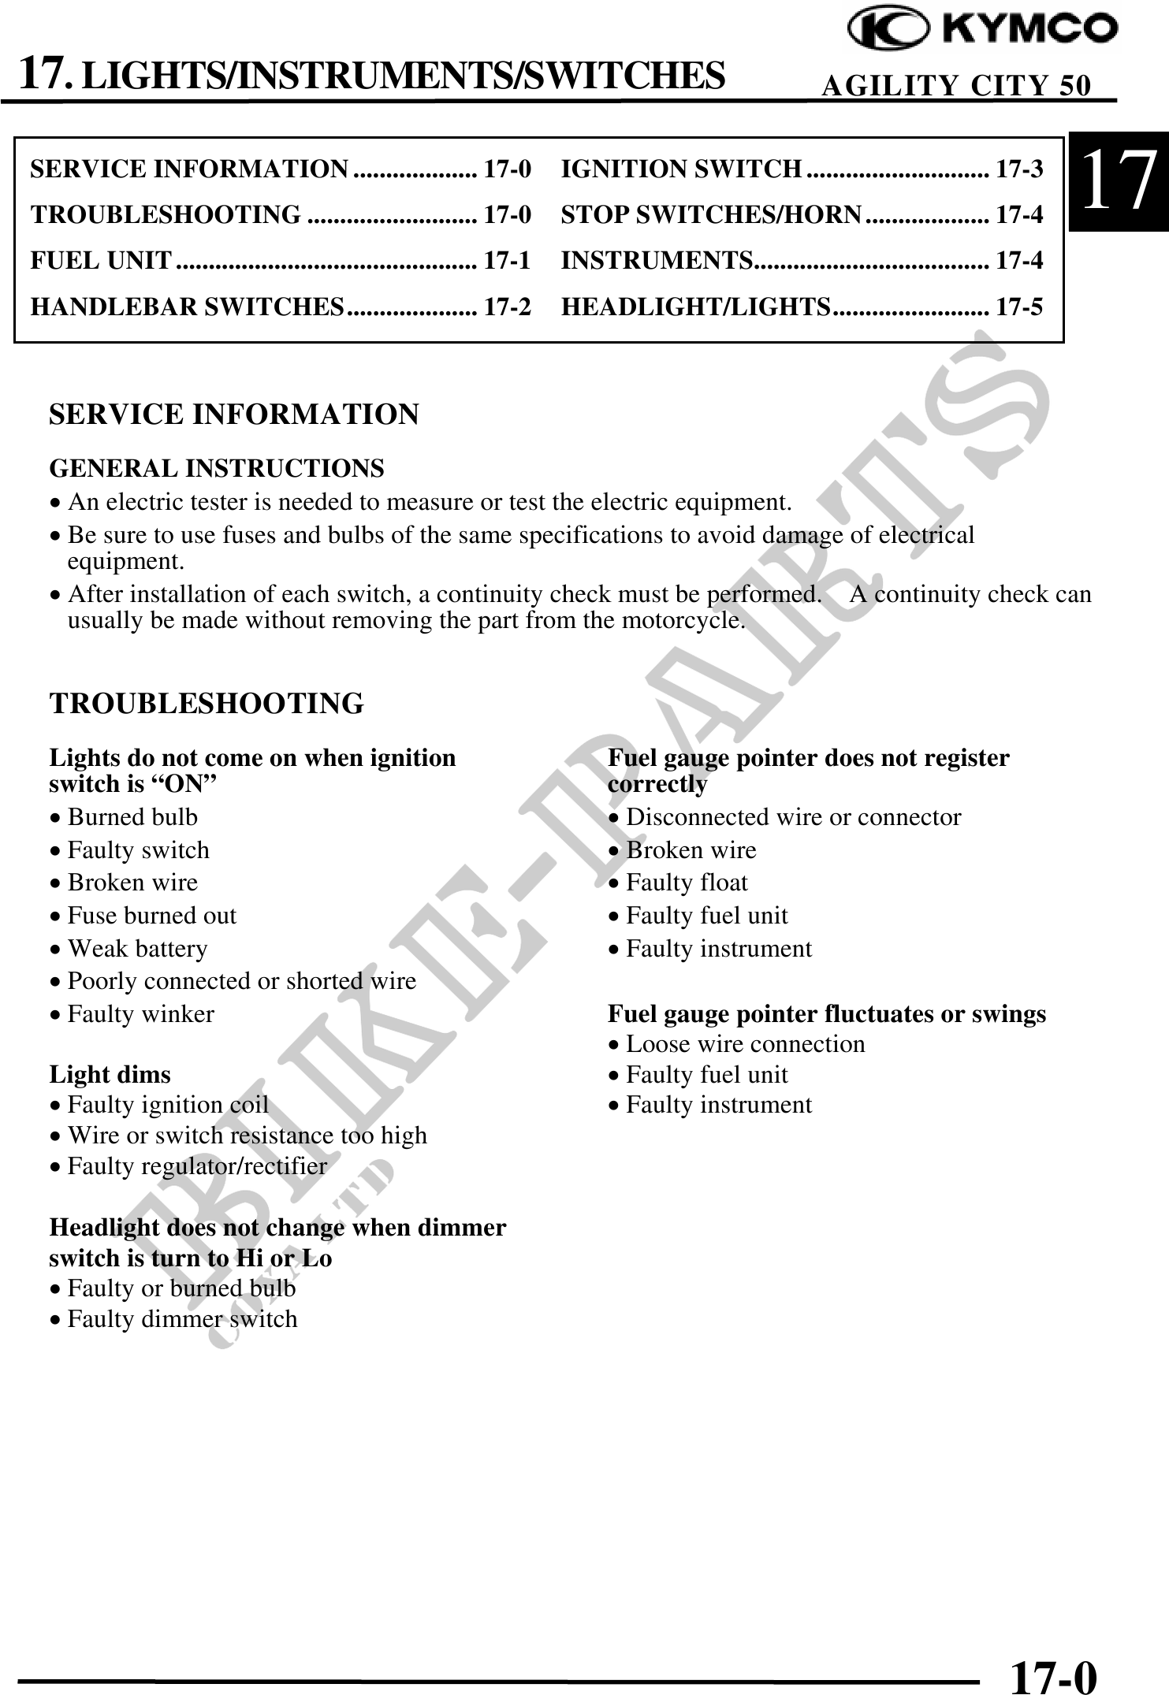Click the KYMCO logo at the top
point(981,30)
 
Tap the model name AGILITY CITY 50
point(956,85)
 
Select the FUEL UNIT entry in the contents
point(101,260)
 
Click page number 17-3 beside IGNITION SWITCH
point(1019,169)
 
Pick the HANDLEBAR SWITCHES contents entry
point(188,306)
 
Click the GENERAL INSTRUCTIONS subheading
point(217,468)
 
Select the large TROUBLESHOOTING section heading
point(207,703)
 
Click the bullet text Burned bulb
point(132,817)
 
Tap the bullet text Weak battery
point(137,948)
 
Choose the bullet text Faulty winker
point(140,1013)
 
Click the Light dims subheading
point(110,1074)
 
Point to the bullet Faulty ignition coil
point(168,1105)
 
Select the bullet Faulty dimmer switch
point(182,1318)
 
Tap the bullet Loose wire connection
point(745,1044)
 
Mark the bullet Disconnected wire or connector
point(793,817)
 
